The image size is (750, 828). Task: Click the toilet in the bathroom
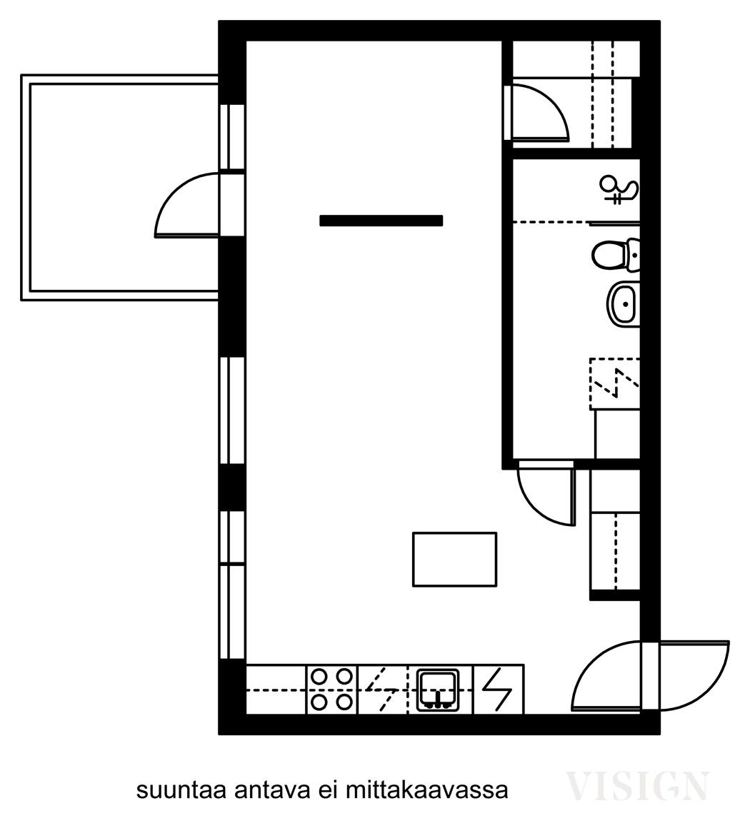pos(616,255)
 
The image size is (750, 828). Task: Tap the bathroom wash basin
pos(623,303)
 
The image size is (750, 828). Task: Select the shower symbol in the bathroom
pos(619,190)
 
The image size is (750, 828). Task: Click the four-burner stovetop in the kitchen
pos(332,689)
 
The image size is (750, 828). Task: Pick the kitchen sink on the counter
pos(437,690)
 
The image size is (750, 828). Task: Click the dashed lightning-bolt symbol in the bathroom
pos(615,383)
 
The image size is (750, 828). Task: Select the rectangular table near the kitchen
pos(454,559)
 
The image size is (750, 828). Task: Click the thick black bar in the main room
pos(381,220)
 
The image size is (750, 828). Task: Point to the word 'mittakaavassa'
pos(426,790)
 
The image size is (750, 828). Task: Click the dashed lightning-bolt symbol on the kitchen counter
pos(382,690)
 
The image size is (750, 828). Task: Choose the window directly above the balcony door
pos(232,137)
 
